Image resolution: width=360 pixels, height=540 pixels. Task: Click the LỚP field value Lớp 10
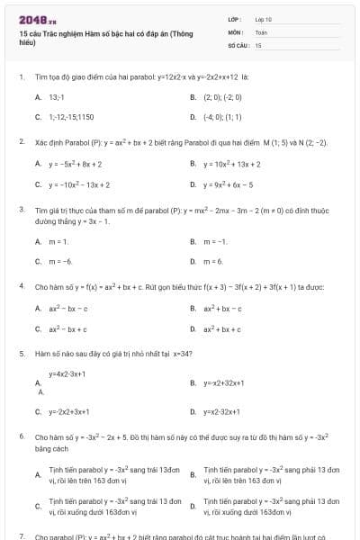coord(263,18)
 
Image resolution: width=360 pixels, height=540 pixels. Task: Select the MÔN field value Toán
coord(261,31)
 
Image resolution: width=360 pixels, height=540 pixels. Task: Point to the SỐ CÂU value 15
coord(258,44)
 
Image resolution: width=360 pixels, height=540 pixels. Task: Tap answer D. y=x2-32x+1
coord(222,411)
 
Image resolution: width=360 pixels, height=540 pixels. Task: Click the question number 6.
coord(21,436)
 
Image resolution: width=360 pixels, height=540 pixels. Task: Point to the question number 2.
coord(21,142)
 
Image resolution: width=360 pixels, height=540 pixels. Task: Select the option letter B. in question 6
coord(193,475)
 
